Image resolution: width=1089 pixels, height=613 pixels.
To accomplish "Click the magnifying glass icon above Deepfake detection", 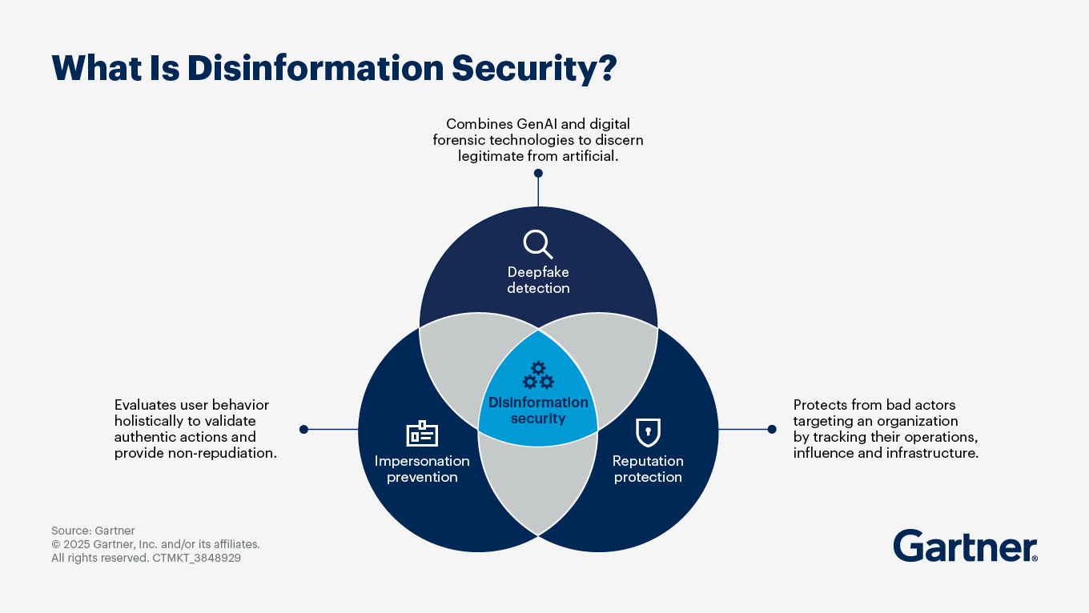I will pyautogui.click(x=537, y=243).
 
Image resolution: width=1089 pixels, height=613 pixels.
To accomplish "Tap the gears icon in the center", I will pyautogui.click(x=537, y=375).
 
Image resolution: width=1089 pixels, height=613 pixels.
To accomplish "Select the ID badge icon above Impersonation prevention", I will pyautogui.click(x=422, y=434).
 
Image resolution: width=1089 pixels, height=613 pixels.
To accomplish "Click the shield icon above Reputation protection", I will pyautogui.click(x=647, y=433).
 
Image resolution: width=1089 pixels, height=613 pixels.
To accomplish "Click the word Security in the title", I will pyautogui.click(x=524, y=68).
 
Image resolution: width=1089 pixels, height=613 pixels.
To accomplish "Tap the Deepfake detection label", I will pyautogui.click(x=538, y=280).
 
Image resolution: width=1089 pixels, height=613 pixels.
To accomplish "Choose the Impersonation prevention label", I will pyautogui.click(x=422, y=469).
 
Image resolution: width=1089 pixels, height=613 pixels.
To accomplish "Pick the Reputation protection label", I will pyautogui.click(x=648, y=469).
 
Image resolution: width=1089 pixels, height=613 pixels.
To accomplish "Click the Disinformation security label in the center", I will pyautogui.click(x=538, y=411).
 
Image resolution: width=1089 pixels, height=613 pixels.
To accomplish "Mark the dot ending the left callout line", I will pyautogui.click(x=303, y=430).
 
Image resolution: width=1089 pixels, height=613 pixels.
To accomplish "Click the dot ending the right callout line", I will pyautogui.click(x=772, y=430).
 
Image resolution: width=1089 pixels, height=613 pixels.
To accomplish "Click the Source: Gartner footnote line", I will pyautogui.click(x=93, y=531).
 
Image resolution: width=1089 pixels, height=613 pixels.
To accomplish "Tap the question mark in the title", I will pyautogui.click(x=605, y=68).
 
